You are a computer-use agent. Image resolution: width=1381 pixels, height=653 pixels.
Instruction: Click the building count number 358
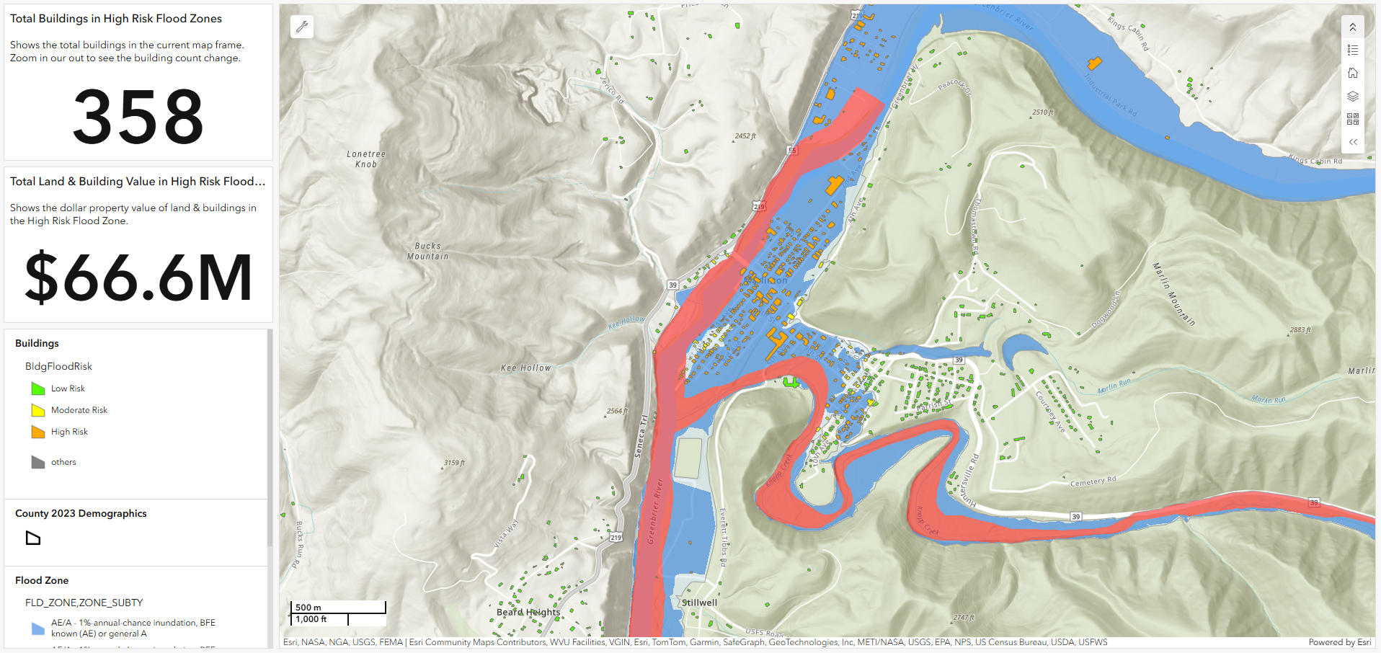[x=138, y=116]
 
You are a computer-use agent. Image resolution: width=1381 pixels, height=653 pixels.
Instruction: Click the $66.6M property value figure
[x=138, y=278]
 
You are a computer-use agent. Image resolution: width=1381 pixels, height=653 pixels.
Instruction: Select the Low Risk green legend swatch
[x=38, y=389]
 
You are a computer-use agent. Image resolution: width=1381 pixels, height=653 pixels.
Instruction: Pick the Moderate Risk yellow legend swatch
[x=38, y=411]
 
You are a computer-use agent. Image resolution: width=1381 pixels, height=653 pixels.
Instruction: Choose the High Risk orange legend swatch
[x=38, y=432]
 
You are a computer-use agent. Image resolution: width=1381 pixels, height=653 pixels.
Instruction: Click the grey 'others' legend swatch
[x=38, y=462]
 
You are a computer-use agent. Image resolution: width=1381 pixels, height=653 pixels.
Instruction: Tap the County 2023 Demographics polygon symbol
[x=33, y=538]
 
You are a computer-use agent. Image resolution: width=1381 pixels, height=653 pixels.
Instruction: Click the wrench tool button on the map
[x=302, y=27]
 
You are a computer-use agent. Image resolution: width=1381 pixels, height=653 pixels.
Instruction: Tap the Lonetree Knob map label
[x=366, y=159]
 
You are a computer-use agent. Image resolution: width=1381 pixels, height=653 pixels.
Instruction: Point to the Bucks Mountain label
[x=427, y=251]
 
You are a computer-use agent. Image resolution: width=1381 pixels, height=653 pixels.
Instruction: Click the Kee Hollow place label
[x=525, y=368]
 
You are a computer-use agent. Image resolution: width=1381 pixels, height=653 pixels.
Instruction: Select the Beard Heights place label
[x=528, y=612]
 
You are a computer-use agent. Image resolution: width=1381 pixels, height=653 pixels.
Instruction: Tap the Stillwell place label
[x=699, y=603]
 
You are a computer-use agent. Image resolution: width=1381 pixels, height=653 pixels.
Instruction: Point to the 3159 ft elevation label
[x=454, y=463]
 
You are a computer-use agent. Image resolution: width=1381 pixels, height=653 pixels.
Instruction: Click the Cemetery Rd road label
[x=1093, y=481]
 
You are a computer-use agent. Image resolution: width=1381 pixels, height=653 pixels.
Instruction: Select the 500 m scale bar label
[x=308, y=607]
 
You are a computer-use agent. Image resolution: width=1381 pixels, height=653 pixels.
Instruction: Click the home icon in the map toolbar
[x=1353, y=73]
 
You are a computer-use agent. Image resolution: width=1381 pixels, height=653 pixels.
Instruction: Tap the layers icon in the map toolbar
[x=1353, y=96]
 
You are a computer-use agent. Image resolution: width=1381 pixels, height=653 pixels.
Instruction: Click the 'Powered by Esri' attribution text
[x=1339, y=642]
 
